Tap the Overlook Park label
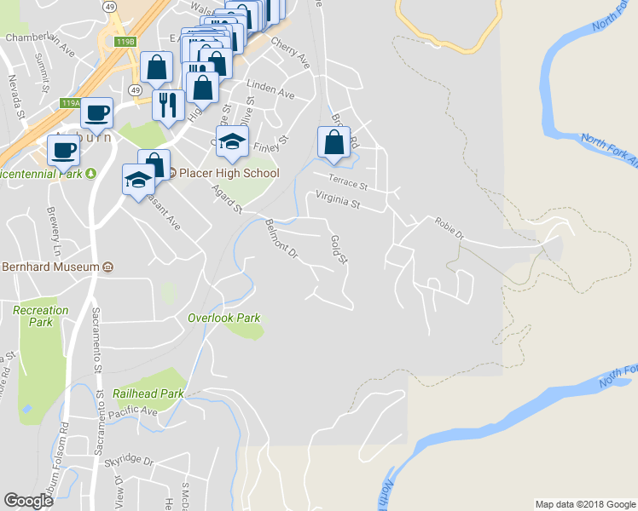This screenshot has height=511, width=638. pos(223,318)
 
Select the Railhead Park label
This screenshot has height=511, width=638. pos(148,394)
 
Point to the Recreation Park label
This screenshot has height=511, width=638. pos(41,316)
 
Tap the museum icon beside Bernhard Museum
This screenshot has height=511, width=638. pos(108,267)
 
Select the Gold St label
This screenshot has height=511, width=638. pos(339,249)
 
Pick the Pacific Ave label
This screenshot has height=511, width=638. pos(133,411)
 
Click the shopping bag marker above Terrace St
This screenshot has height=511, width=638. pos(334,142)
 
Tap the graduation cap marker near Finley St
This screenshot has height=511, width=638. pos(231,141)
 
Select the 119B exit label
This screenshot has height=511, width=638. pos(125,41)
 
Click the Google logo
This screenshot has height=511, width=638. pos(28,501)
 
